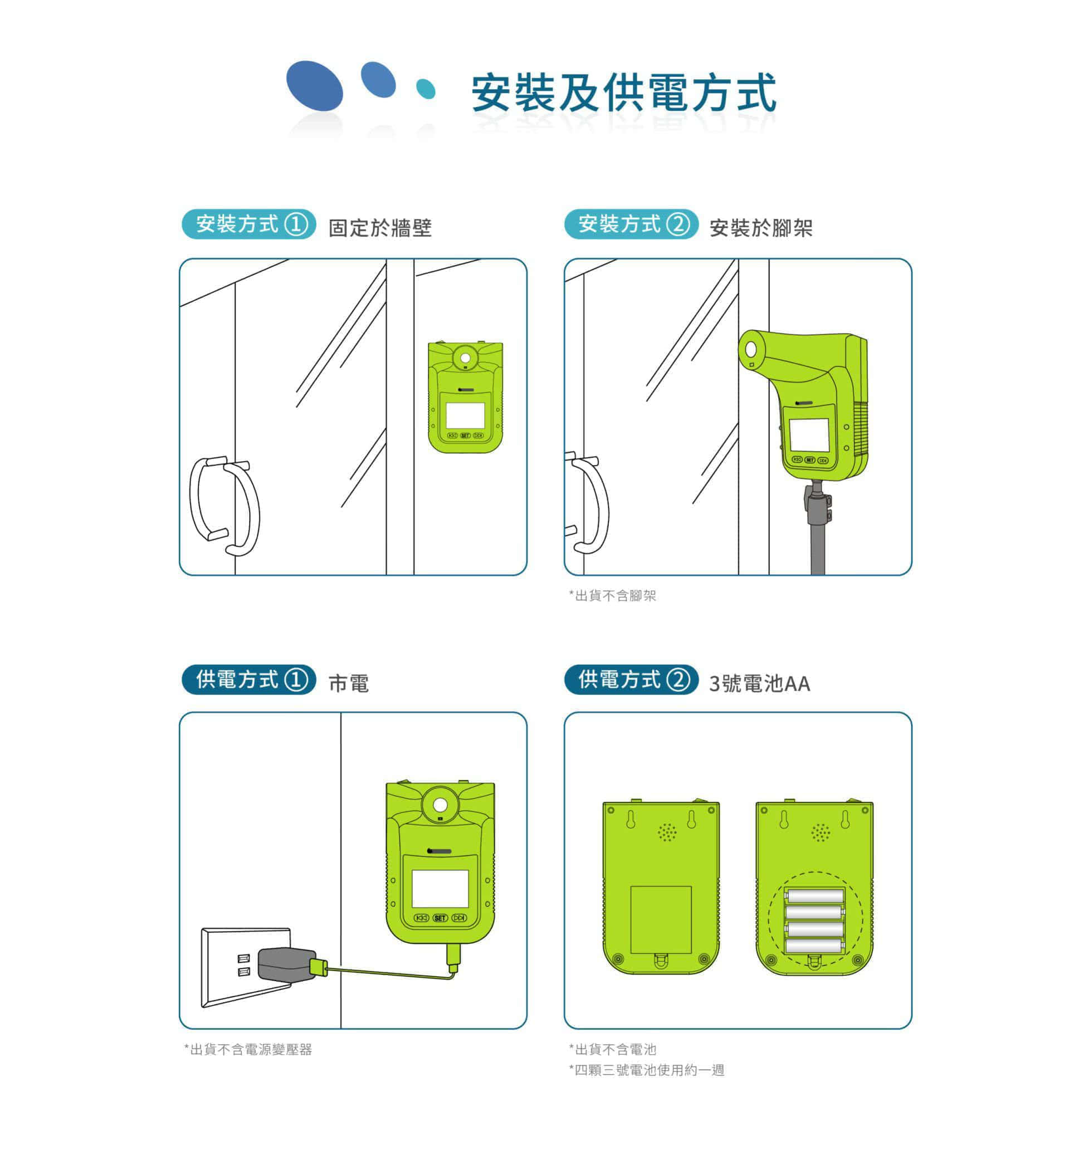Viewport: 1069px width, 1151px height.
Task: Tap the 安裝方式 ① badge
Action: pos(249,224)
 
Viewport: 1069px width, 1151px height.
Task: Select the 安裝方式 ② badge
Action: pos(631,224)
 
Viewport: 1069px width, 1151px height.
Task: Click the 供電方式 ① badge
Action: pos(249,679)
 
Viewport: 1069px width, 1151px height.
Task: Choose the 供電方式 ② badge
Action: pos(631,679)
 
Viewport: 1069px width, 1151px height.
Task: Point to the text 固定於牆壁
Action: pos(380,228)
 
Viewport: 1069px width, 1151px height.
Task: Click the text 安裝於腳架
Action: pos(761,228)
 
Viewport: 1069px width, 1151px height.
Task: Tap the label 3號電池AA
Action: pos(759,683)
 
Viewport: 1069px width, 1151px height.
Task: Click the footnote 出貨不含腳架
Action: pos(613,595)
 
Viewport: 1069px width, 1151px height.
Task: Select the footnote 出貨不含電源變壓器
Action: pos(248,1049)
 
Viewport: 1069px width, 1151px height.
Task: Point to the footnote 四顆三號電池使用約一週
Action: pos(647,1070)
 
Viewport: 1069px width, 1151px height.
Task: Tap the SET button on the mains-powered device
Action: pos(440,918)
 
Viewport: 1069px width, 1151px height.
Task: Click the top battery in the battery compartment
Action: pos(814,897)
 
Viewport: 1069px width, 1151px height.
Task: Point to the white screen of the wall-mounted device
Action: pos(465,415)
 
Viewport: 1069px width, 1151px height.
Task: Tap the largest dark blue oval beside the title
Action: pos(315,86)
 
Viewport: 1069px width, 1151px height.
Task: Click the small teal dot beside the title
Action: pos(426,89)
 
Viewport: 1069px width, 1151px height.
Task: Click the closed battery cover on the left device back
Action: pos(661,920)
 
